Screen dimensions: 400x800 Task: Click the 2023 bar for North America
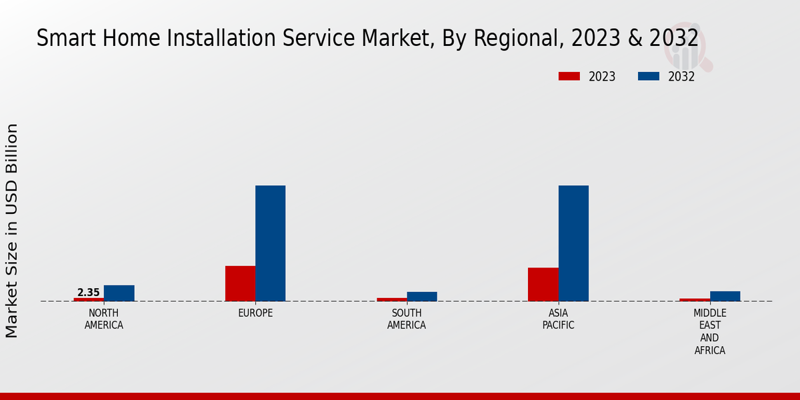tap(89, 299)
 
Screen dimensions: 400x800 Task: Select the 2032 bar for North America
tap(119, 293)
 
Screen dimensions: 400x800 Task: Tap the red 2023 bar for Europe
tap(240, 283)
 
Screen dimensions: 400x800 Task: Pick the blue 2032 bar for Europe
tap(270, 243)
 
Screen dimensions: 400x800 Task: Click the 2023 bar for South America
tap(391, 299)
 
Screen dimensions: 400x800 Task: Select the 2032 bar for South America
tap(422, 297)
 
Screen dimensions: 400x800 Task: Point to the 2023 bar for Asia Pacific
tap(543, 285)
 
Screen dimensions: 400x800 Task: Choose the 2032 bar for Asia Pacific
tap(573, 243)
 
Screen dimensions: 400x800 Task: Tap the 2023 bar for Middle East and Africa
tap(694, 299)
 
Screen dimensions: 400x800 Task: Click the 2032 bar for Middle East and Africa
tap(725, 296)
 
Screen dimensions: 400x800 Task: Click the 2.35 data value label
tap(89, 293)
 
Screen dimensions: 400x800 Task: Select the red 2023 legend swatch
tap(569, 76)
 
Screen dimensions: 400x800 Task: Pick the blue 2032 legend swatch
tap(648, 76)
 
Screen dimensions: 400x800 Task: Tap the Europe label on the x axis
tap(255, 313)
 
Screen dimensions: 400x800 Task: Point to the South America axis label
tap(407, 319)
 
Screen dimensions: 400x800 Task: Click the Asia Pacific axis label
tap(558, 319)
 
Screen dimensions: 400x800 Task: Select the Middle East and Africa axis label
tap(709, 331)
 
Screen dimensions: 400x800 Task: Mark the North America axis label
tap(104, 319)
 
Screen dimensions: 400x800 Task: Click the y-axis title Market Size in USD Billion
tap(12, 230)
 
